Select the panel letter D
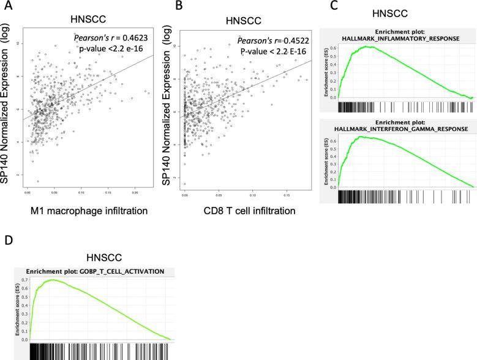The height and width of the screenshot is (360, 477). (7, 240)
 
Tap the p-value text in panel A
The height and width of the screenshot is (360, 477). (111, 50)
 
